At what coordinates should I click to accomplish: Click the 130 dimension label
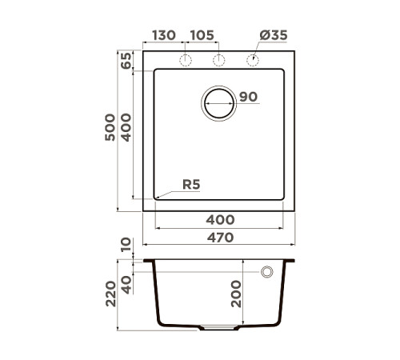click(x=163, y=37)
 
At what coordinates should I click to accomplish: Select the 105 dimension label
click(x=202, y=37)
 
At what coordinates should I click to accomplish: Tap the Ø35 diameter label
click(x=273, y=37)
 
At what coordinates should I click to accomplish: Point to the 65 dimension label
click(x=126, y=62)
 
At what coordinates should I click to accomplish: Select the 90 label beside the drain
click(x=248, y=98)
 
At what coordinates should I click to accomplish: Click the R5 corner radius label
click(x=190, y=185)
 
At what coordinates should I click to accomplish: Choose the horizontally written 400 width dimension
click(x=220, y=219)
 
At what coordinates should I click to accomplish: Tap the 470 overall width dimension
click(x=220, y=237)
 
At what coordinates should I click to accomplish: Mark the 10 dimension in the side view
click(x=126, y=246)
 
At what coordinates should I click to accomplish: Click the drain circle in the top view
click(x=220, y=103)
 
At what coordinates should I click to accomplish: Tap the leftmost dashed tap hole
click(x=186, y=61)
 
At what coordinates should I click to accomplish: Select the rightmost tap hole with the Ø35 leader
click(x=254, y=61)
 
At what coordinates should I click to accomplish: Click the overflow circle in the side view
click(x=266, y=272)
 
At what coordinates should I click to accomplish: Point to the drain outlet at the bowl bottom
click(x=219, y=327)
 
